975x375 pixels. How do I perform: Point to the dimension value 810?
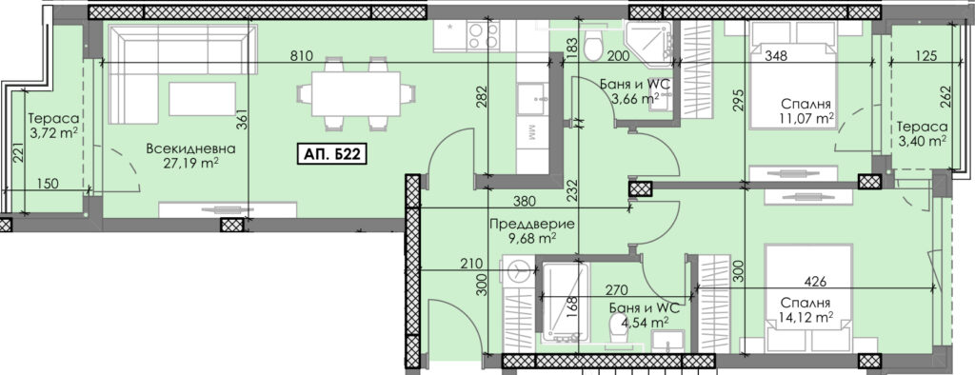tap(300, 56)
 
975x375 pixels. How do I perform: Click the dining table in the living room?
tap(356, 93)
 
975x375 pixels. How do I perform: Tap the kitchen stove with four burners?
tap(483, 35)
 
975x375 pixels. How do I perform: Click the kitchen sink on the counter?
tap(533, 99)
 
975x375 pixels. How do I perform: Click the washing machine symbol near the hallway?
tap(517, 269)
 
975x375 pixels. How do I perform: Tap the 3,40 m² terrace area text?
tap(922, 141)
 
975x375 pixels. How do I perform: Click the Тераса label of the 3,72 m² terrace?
tap(53, 117)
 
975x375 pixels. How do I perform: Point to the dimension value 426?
tap(815, 282)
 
